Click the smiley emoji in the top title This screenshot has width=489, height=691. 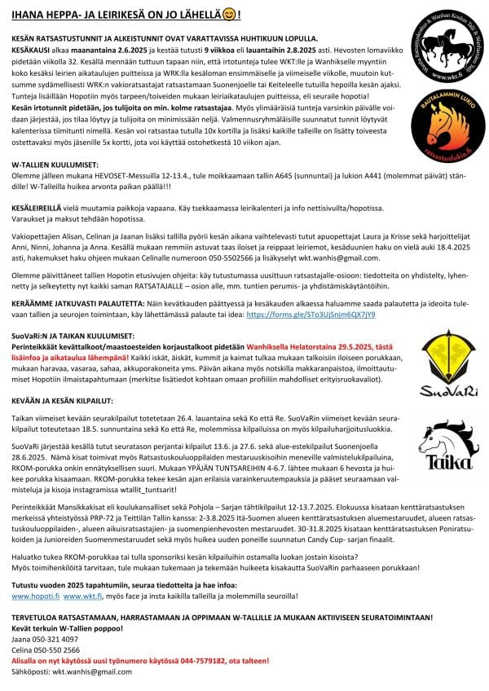pos(231,15)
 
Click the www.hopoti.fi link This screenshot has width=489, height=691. pos(30,596)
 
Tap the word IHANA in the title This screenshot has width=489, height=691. pos(27,15)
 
